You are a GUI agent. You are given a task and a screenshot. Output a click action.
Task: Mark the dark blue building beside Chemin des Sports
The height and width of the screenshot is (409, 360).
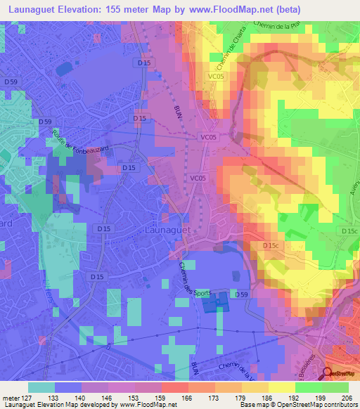[215, 303]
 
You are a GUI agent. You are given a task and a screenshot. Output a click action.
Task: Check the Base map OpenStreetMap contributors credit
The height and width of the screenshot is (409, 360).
[309, 405]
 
